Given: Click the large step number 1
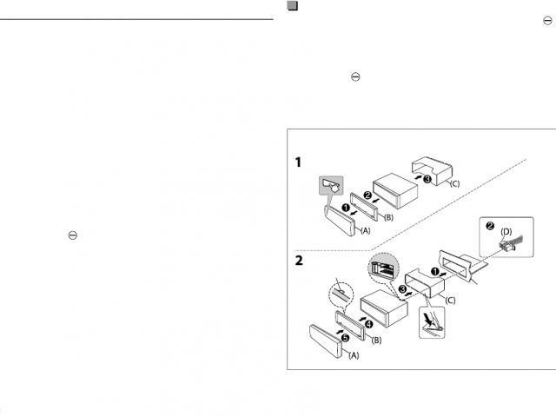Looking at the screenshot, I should pyautogui.click(x=298, y=162).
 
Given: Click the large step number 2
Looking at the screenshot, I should pyautogui.click(x=298, y=260).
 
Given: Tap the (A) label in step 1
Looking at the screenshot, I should pyautogui.click(x=365, y=232).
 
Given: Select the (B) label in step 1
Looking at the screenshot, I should pyautogui.click(x=388, y=216).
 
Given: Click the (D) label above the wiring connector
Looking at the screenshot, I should pyautogui.click(x=506, y=231).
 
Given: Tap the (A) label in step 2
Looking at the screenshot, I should pyautogui.click(x=354, y=355).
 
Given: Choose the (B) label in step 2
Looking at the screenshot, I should pyautogui.click(x=376, y=341).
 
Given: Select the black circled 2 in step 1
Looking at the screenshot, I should pyautogui.click(x=367, y=196).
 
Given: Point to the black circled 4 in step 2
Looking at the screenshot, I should pyautogui.click(x=367, y=323).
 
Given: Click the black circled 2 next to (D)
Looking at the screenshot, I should pyautogui.click(x=490, y=227).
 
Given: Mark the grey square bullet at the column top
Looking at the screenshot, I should pyautogui.click(x=293, y=6).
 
